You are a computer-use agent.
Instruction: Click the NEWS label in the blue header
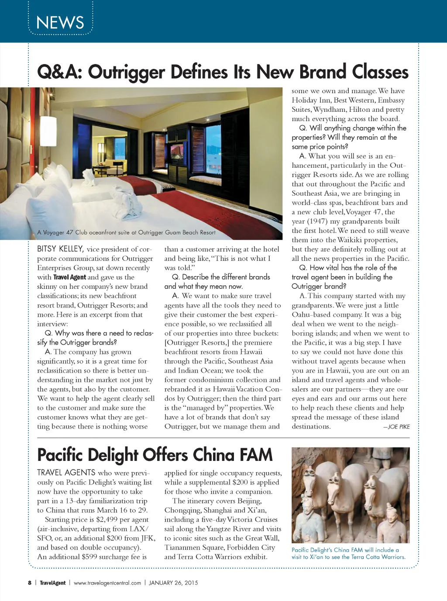point(60,23)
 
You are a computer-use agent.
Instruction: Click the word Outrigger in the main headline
point(127,72)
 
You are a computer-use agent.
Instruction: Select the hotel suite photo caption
point(126,232)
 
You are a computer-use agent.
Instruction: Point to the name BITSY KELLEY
point(60,249)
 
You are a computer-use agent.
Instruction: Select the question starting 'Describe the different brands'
point(217,282)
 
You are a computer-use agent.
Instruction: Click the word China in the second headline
point(214,455)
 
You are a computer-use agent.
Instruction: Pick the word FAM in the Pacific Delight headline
point(256,455)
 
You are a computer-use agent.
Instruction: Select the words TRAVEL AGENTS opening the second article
point(66,473)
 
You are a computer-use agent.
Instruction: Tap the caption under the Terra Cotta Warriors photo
point(348,553)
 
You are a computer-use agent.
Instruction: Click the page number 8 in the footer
point(30,583)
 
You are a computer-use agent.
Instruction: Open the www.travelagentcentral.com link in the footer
point(107,583)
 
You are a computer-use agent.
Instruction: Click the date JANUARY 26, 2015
point(173,583)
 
